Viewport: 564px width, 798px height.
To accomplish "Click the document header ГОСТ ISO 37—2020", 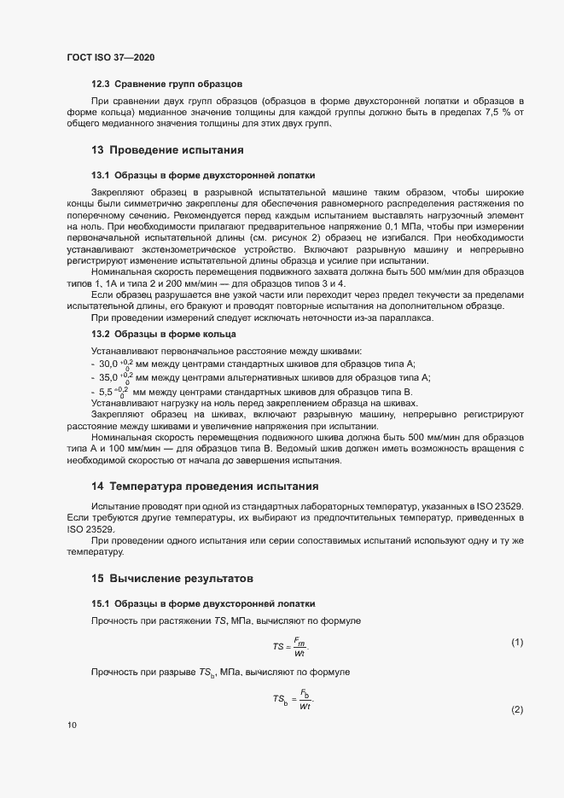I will click(111, 57).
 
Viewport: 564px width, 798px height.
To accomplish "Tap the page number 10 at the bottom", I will click(73, 725).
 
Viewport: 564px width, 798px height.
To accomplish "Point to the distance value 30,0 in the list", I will click(109, 364).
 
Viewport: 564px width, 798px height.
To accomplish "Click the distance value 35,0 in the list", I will click(109, 377).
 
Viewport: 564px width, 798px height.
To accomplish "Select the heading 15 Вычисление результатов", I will click(160, 578).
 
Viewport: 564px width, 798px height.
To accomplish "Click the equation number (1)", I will click(516, 642).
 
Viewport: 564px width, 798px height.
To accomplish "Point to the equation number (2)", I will click(516, 710).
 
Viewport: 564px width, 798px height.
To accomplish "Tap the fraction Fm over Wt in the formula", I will click(300, 647).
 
